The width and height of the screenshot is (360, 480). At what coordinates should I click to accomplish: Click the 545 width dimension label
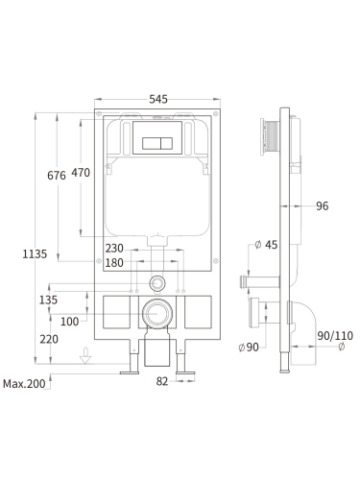click(158, 99)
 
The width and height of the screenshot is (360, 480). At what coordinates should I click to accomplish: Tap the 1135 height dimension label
click(35, 254)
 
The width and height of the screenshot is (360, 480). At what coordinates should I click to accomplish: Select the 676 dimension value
click(57, 176)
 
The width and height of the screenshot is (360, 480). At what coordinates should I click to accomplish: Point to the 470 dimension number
click(81, 173)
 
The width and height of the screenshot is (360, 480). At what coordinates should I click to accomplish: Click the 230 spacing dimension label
click(114, 248)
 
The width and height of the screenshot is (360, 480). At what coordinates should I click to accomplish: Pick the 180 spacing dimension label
click(114, 263)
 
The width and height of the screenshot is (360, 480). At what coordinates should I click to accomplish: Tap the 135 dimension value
click(48, 300)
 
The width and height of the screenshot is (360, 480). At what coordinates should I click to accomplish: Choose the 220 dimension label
click(49, 339)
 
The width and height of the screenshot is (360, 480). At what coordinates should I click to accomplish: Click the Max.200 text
click(24, 384)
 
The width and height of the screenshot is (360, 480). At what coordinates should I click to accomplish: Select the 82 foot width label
click(162, 381)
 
